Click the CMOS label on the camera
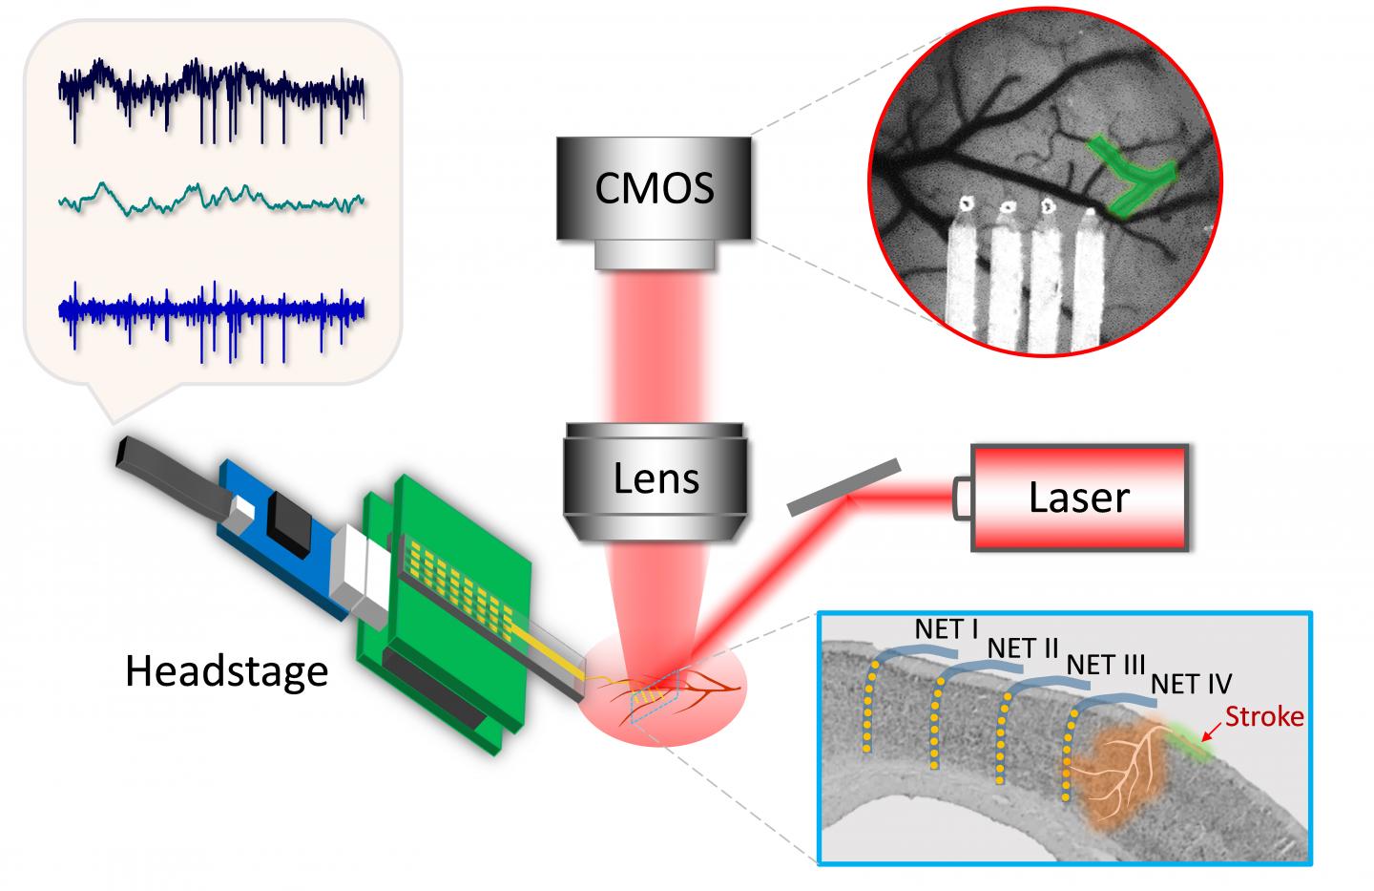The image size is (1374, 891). pos(655,188)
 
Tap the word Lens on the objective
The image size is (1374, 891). pos(657,477)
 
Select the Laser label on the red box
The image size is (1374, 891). pos(1078,498)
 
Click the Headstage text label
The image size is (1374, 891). pos(226,671)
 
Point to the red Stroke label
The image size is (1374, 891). pos(1264,715)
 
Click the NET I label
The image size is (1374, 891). pos(947,629)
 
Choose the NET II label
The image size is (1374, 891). pos(1024,647)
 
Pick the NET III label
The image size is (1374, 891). pos(1105,665)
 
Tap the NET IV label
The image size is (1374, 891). pos(1191,684)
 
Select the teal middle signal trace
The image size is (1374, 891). pos(211,199)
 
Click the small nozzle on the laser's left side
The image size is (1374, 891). pos(962,496)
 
